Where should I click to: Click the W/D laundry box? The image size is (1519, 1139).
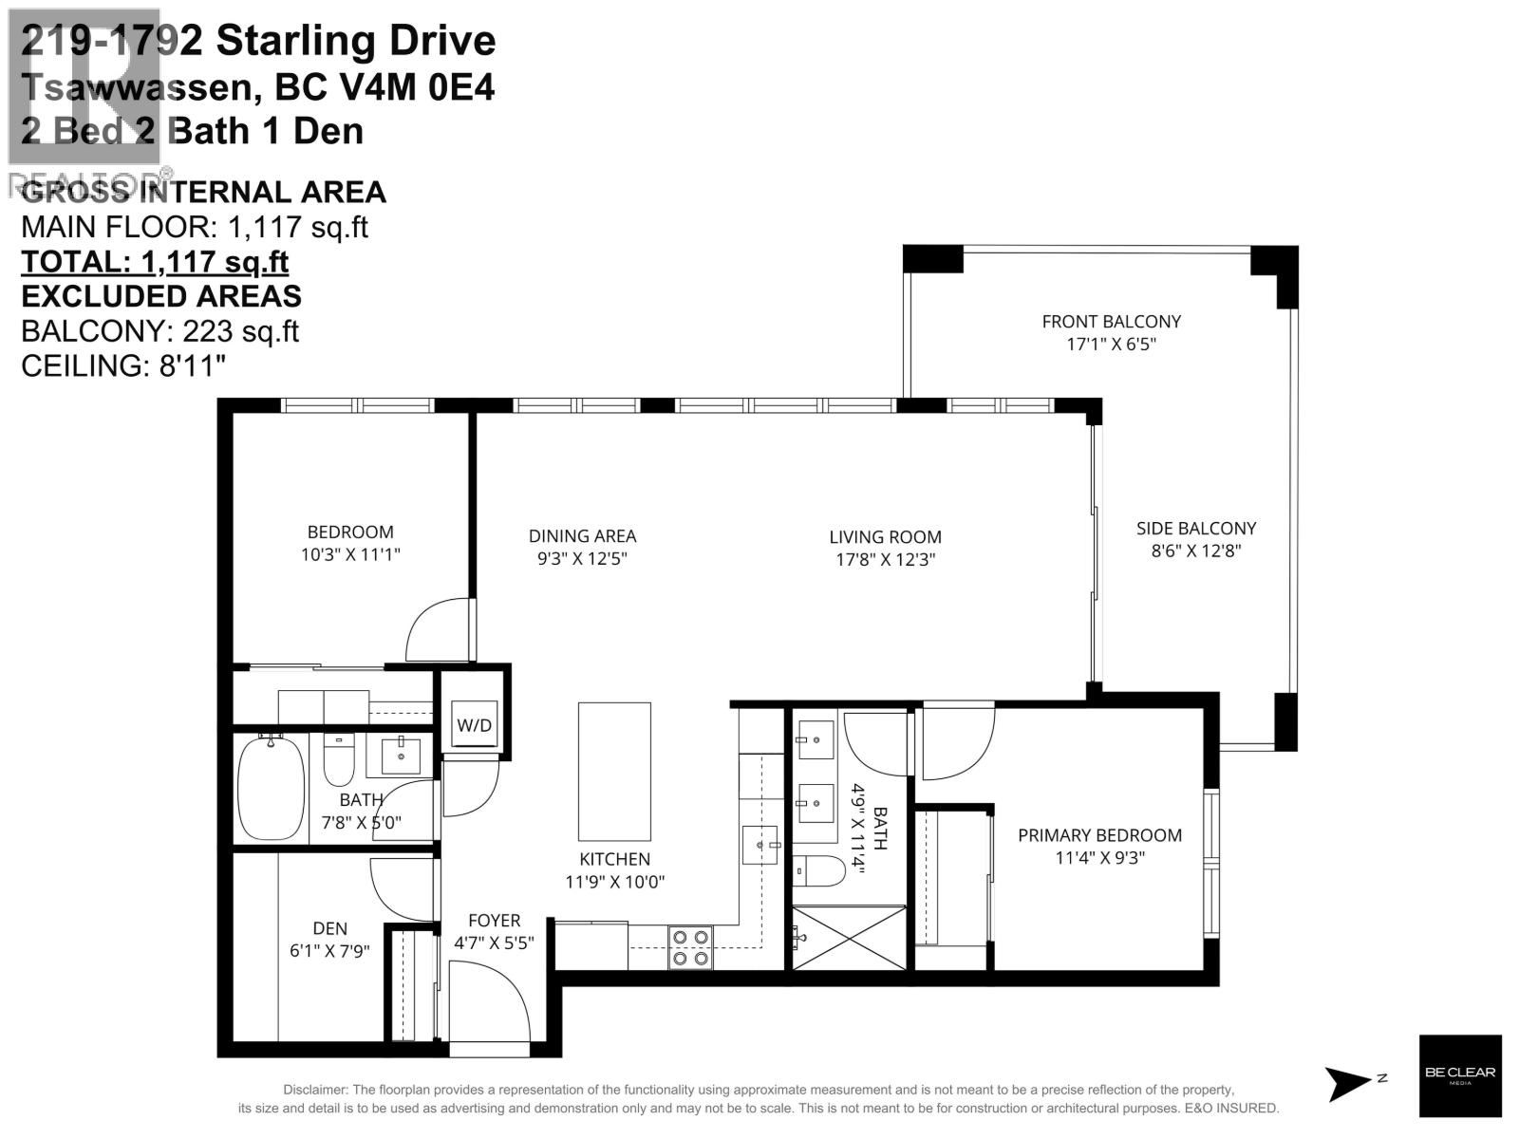[475, 726]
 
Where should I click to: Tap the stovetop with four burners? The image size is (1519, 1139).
[690, 947]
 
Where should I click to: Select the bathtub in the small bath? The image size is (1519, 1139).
[271, 788]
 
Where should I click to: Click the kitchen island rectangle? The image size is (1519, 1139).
[614, 771]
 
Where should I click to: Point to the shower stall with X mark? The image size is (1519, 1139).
[850, 938]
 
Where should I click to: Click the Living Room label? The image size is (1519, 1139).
[885, 537]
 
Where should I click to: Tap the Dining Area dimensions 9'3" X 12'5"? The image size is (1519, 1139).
[582, 559]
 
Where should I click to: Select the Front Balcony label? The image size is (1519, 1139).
[1111, 322]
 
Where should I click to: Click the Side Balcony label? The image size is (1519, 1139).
[1195, 529]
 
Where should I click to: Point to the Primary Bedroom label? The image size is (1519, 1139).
[1099, 835]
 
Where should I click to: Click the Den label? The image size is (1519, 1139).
[329, 928]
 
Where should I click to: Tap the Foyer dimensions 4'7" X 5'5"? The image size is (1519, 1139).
[494, 943]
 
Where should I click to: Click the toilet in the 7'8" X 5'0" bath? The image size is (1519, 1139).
[339, 760]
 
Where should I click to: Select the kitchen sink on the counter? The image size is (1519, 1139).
[760, 844]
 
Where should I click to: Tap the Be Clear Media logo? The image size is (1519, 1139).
[1460, 1075]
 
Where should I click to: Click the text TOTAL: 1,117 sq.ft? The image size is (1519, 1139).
[155, 262]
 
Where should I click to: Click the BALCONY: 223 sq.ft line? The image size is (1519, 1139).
[159, 331]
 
